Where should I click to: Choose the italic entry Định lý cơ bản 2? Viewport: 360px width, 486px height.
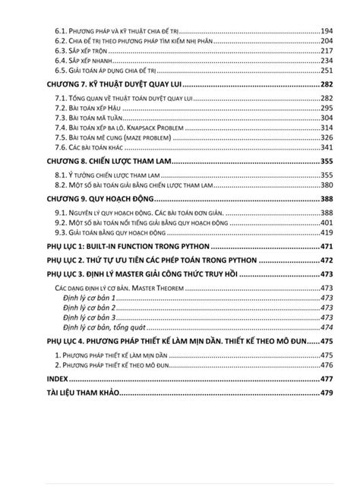click(x=89, y=308)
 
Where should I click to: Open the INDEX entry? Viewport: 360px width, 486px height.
click(x=56, y=378)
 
